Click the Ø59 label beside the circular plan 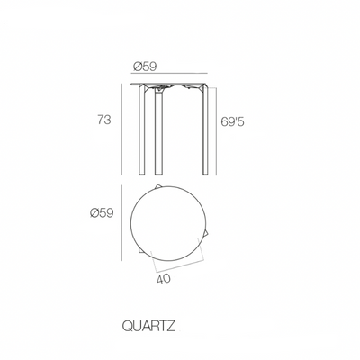pyautogui.click(x=103, y=212)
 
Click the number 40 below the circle pyautogui.click(x=163, y=278)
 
